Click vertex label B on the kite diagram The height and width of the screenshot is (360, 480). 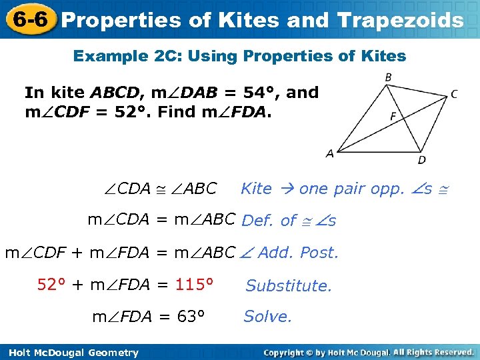click(x=388, y=78)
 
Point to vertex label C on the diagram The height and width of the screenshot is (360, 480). click(x=453, y=94)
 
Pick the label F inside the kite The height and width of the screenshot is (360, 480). click(x=393, y=116)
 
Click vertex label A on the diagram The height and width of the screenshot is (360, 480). click(x=329, y=153)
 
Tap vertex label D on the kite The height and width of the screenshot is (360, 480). click(x=421, y=160)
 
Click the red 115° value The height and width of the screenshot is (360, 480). click(x=193, y=285)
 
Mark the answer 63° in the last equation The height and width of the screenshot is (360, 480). click(x=192, y=317)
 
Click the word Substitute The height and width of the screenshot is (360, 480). click(x=288, y=286)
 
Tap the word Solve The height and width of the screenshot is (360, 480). click(x=267, y=317)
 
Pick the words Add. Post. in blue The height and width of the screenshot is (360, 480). click(x=298, y=253)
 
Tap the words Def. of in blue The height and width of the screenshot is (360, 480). click(x=269, y=220)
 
